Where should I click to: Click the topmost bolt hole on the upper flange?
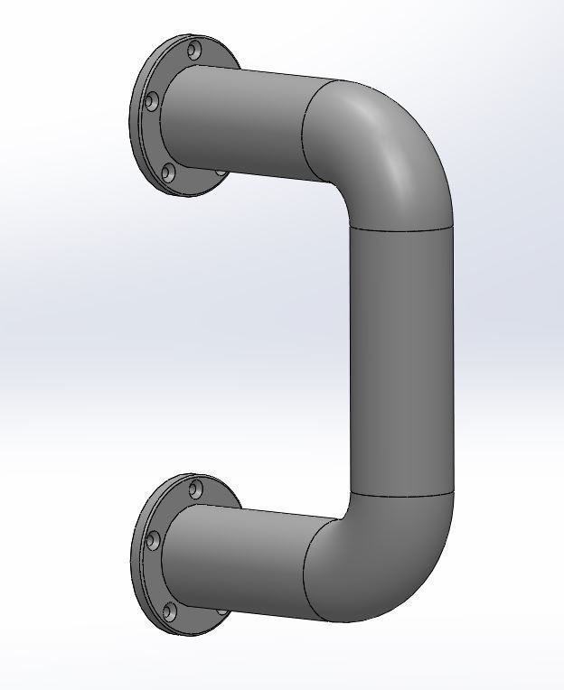194,50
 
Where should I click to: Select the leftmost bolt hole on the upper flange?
152,102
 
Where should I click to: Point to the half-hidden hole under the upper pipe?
221,172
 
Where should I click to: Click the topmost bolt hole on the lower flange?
195,490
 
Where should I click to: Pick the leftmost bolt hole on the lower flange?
152,541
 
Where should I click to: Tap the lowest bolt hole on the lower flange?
169,612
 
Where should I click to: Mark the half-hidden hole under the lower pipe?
221,611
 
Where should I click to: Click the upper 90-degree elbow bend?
380,149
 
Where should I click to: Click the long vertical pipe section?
400,361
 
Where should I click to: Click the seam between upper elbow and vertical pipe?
400,228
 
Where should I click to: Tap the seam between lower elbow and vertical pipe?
400,494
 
